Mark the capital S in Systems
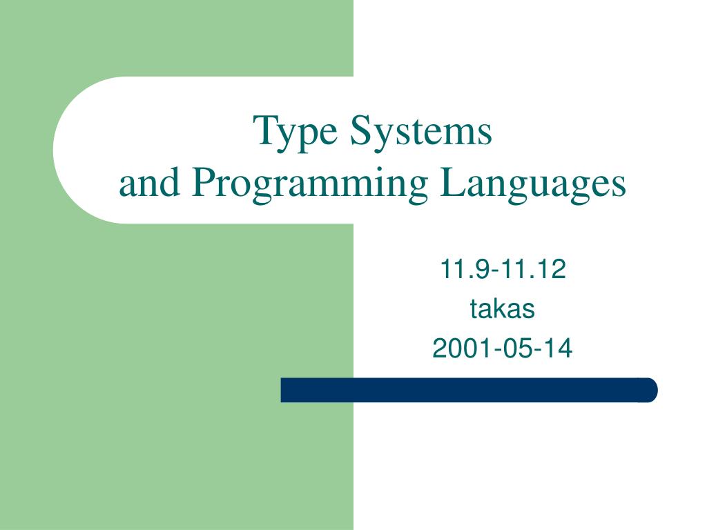[360, 130]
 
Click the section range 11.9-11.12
[503, 270]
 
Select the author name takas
[503, 310]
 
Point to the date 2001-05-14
[503, 349]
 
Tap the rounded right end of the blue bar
[649, 390]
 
